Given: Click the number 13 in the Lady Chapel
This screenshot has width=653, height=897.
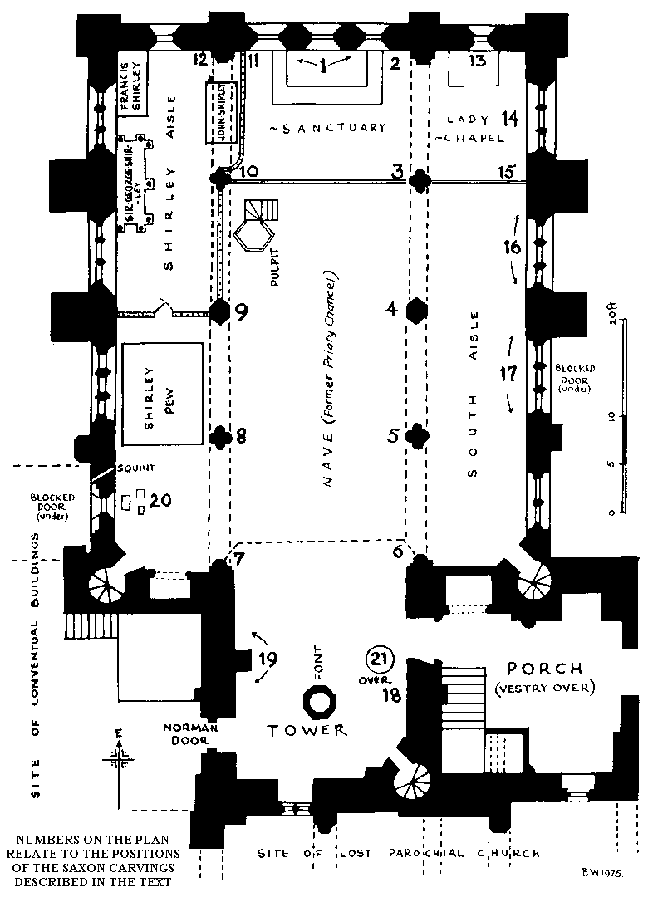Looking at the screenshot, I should (477, 61).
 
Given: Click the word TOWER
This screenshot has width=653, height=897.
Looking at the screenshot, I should (307, 730).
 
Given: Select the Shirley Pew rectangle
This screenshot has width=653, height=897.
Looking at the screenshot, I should (163, 396).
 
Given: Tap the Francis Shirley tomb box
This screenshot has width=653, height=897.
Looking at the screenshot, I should (133, 83).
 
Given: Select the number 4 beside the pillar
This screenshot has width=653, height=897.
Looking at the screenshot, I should (391, 311).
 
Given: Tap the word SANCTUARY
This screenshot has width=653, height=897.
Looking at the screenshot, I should (327, 128).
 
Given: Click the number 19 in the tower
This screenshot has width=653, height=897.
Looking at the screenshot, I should (268, 660).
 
